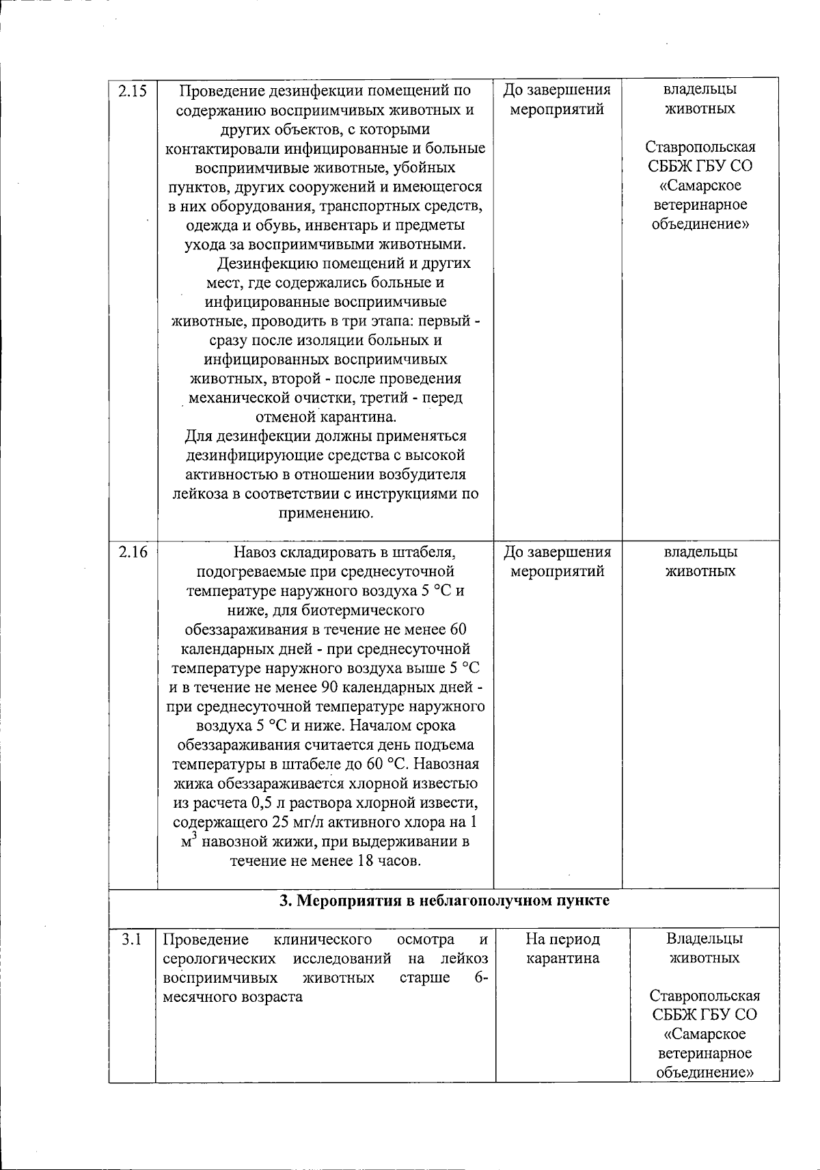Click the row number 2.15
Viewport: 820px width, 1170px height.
click(133, 90)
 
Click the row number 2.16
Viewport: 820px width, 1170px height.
click(133, 552)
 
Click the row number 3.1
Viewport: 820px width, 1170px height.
click(131, 939)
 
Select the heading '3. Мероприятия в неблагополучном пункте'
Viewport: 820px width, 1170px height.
click(444, 901)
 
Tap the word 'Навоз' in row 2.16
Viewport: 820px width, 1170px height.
click(256, 552)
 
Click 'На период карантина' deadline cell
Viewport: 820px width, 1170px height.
click(563, 949)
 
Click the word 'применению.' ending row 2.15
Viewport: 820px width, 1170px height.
click(325, 513)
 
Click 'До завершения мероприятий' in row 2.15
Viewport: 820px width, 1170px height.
click(557, 100)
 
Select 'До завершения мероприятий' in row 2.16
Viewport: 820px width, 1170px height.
click(557, 562)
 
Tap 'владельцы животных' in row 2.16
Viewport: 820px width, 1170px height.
click(700, 562)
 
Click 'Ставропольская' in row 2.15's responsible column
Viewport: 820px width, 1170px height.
click(700, 148)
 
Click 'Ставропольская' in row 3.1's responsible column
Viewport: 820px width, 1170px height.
click(705, 996)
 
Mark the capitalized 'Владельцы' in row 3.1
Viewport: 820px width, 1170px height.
click(705, 939)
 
